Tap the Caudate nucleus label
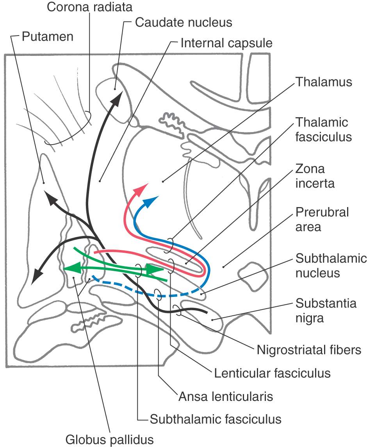[x=183, y=22]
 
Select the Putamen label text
[x=48, y=36]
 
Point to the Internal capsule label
[x=226, y=43]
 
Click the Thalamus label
[x=324, y=82]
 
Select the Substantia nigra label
[x=326, y=310]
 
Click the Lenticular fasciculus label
[x=272, y=373]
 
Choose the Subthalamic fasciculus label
[x=216, y=419]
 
